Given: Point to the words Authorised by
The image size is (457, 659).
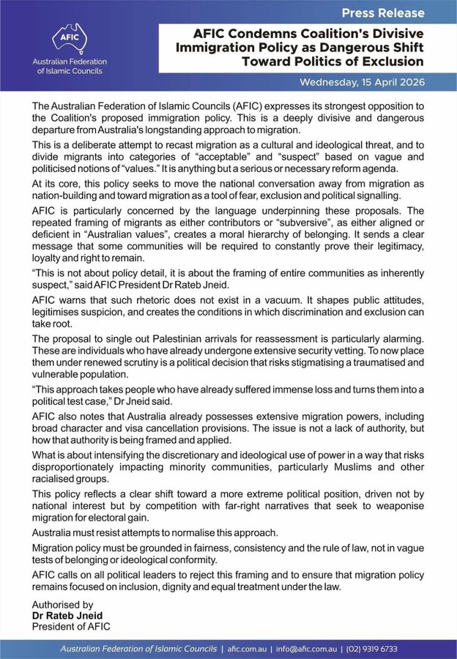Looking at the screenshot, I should (x=63, y=605).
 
